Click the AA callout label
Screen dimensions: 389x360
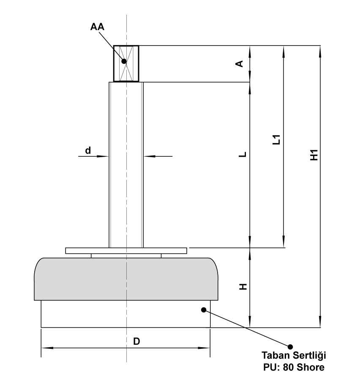(x=97, y=27)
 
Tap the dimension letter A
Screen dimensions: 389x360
(x=239, y=64)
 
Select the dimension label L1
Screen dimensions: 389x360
(x=277, y=140)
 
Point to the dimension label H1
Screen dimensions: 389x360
(x=314, y=155)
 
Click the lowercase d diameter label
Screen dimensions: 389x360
(x=88, y=150)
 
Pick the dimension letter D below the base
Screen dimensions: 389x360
(x=136, y=342)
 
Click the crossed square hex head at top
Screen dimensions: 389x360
(x=126, y=63)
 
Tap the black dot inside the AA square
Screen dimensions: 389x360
(x=124, y=61)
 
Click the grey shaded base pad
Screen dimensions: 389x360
(x=127, y=279)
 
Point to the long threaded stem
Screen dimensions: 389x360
(x=126, y=165)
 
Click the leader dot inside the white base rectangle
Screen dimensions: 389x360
(x=203, y=310)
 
